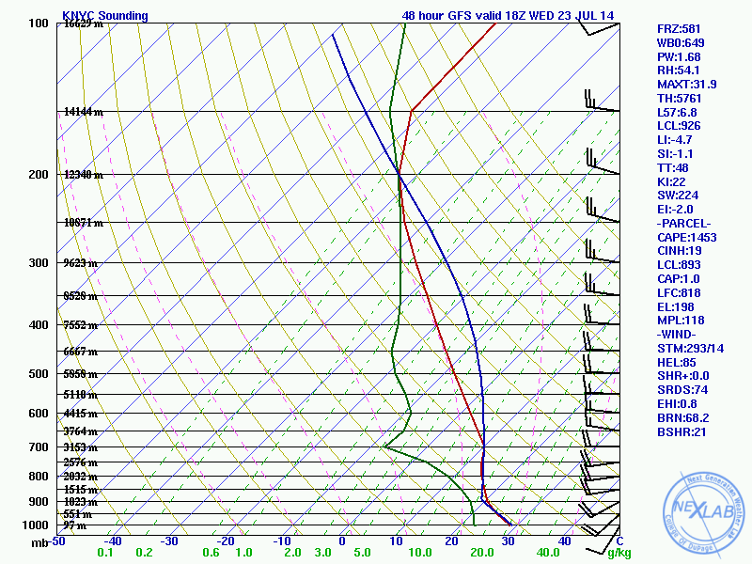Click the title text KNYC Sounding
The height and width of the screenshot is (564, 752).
(x=104, y=16)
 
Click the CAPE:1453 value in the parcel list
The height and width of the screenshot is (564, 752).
(x=686, y=238)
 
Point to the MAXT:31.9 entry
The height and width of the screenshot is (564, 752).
(x=686, y=85)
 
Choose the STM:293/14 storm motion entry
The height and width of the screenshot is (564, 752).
(x=689, y=349)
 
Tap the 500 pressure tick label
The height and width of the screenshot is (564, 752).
(x=39, y=374)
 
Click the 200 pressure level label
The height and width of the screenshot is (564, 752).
(x=39, y=175)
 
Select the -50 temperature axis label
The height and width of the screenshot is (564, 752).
(x=57, y=540)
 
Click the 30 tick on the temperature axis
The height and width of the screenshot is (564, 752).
(x=508, y=540)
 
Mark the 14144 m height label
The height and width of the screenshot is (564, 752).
(x=83, y=112)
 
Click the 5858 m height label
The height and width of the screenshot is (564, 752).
(x=83, y=374)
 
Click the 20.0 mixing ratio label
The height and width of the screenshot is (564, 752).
(x=482, y=553)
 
